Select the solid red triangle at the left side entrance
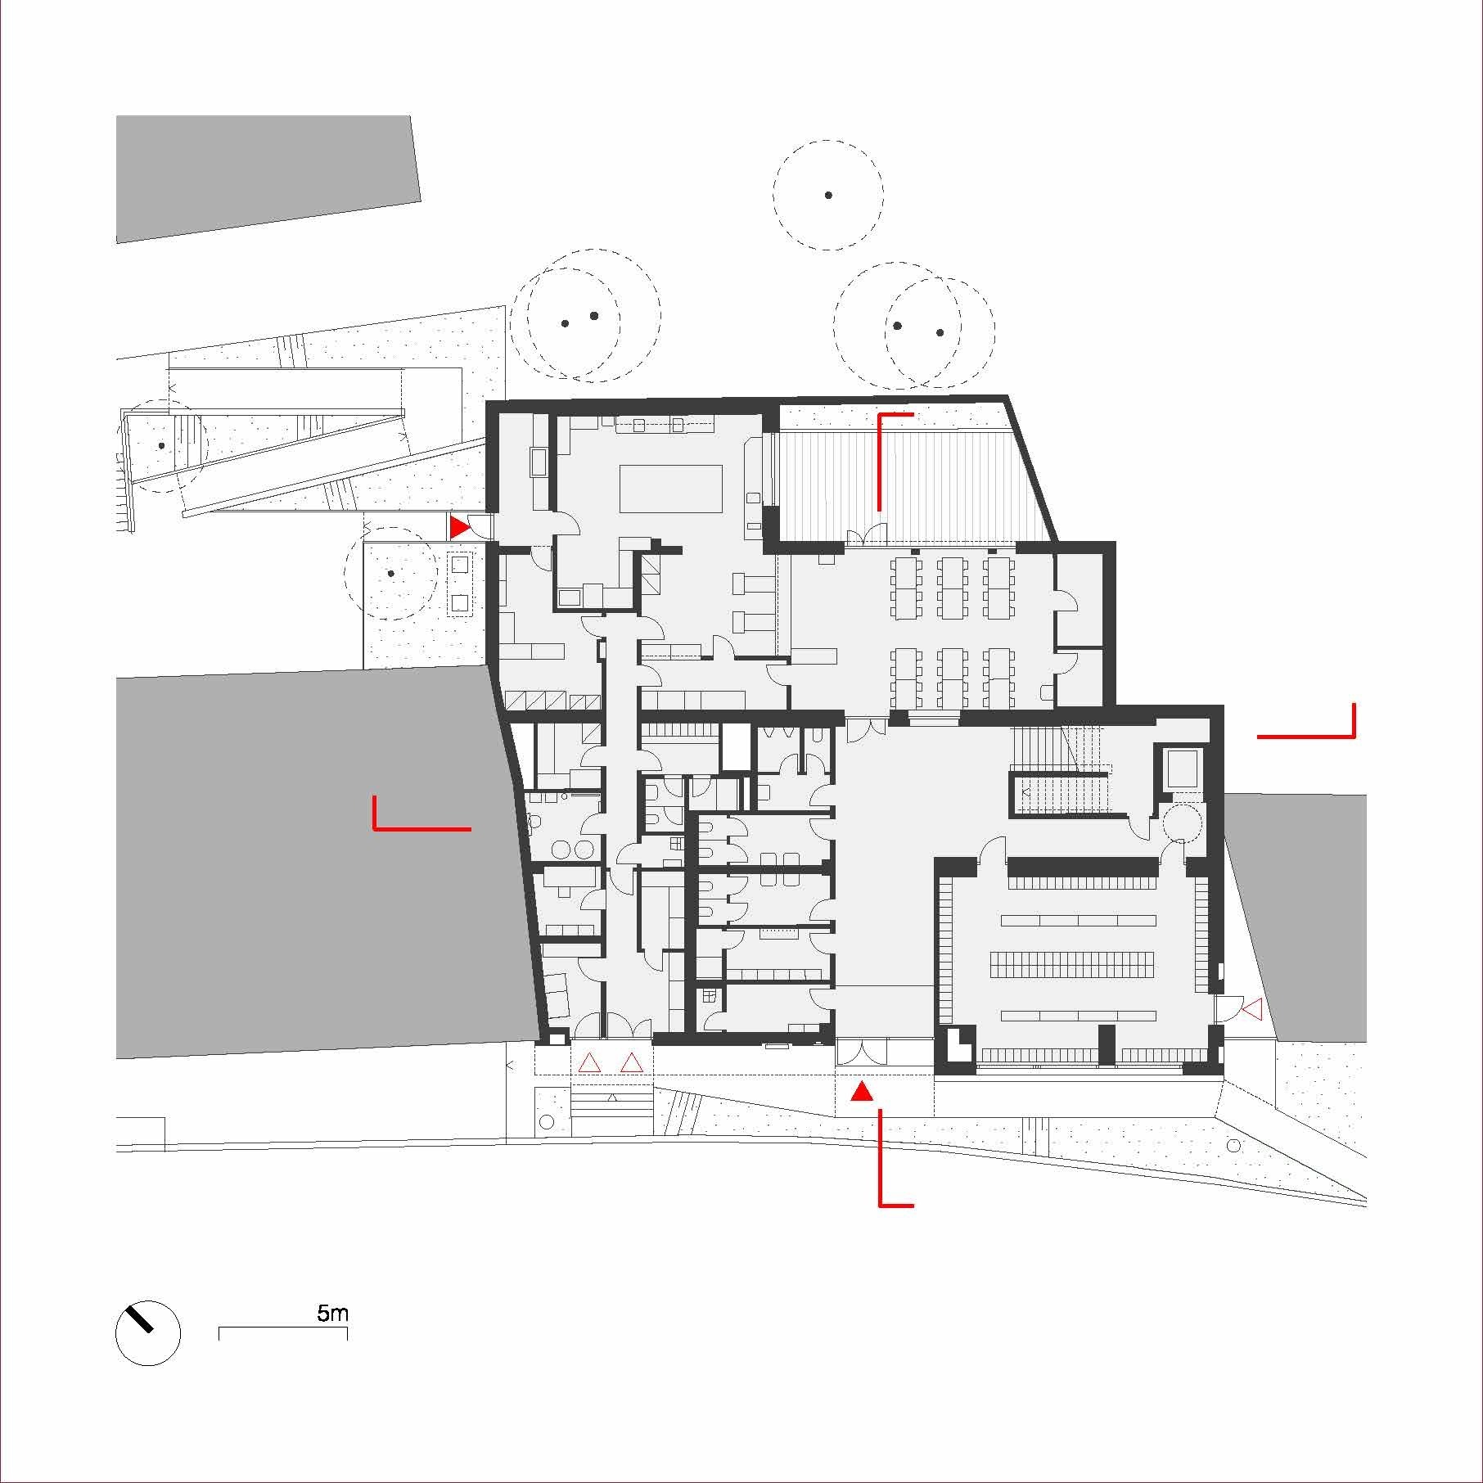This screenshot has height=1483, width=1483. [x=459, y=527]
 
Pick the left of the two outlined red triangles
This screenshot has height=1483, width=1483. [x=589, y=1063]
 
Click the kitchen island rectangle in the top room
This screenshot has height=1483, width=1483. [x=671, y=489]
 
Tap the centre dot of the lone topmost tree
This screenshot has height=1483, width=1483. [x=828, y=195]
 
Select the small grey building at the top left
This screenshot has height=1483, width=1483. [x=268, y=178]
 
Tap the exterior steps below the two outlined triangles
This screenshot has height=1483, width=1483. [x=611, y=1102]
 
